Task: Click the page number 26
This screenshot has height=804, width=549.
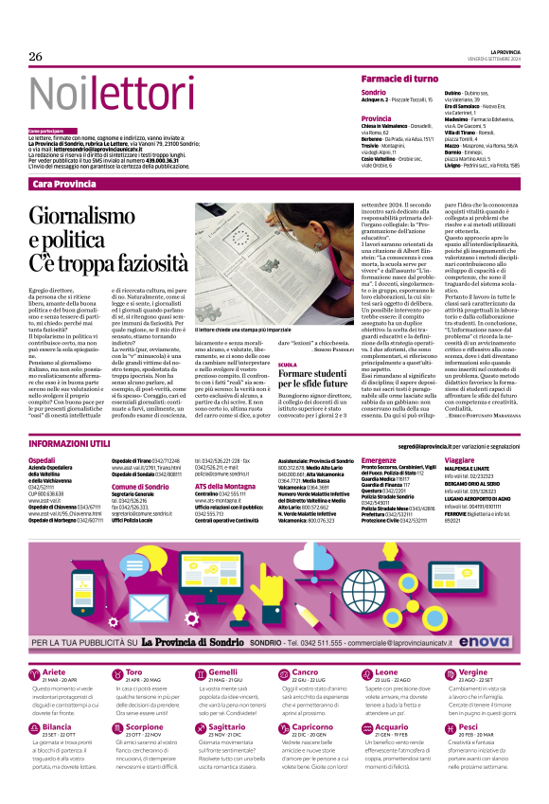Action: (36, 57)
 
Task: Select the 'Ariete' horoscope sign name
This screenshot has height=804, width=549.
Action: (54, 645)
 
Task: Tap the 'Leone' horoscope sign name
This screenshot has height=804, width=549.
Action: (388, 645)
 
